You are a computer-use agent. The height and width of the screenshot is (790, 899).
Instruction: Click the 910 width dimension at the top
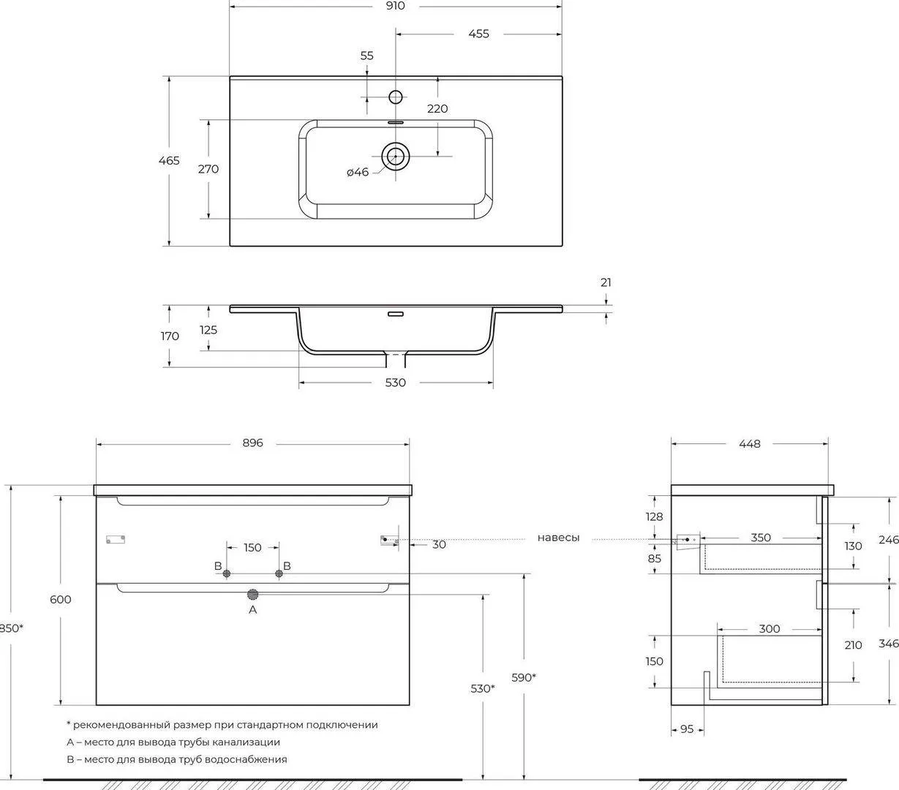pos(395,6)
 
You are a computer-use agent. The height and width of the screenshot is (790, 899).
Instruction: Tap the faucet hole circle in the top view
pos(396,97)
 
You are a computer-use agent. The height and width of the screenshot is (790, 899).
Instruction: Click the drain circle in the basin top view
pos(396,155)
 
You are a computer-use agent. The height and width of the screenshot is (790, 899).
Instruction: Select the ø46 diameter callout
pos(358,172)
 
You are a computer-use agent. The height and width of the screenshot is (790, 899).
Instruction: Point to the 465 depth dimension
pos(169,160)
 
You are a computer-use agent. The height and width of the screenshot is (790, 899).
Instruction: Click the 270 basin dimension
pos(208,169)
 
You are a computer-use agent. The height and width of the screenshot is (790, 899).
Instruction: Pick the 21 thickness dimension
pos(606,282)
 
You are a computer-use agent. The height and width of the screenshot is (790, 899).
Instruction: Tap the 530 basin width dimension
pos(395,383)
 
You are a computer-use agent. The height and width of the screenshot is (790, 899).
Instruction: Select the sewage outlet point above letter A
pos(253,594)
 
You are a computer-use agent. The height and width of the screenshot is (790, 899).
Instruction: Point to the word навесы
pos(558,538)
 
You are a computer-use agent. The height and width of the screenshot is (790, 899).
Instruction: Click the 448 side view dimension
pos(750,443)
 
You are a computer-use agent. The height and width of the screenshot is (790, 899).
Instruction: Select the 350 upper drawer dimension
pos(761,538)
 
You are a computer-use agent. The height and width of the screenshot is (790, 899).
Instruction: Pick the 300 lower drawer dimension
pos(770,628)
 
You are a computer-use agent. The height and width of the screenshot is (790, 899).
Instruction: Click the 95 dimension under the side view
pos(687,729)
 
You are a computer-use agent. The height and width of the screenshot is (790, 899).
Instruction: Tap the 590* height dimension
pos(524,677)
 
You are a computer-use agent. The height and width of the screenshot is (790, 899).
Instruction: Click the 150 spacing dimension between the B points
pos(252,547)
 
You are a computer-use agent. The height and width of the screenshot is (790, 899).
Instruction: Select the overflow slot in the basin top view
pos(396,122)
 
